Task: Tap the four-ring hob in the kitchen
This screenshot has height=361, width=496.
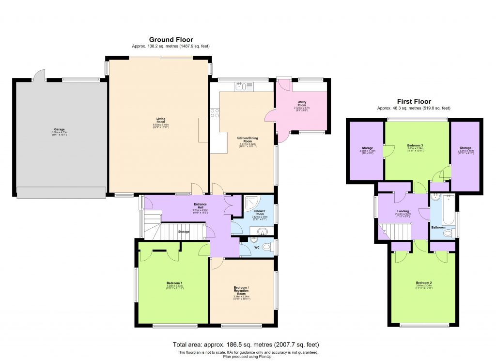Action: pos(214,113)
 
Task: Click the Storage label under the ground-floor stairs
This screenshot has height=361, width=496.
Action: pos(184,232)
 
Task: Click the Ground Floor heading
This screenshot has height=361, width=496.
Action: pos(170,40)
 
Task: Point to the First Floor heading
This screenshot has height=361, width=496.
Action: pos(414,101)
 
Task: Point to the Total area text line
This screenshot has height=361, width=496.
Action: pos(246,345)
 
